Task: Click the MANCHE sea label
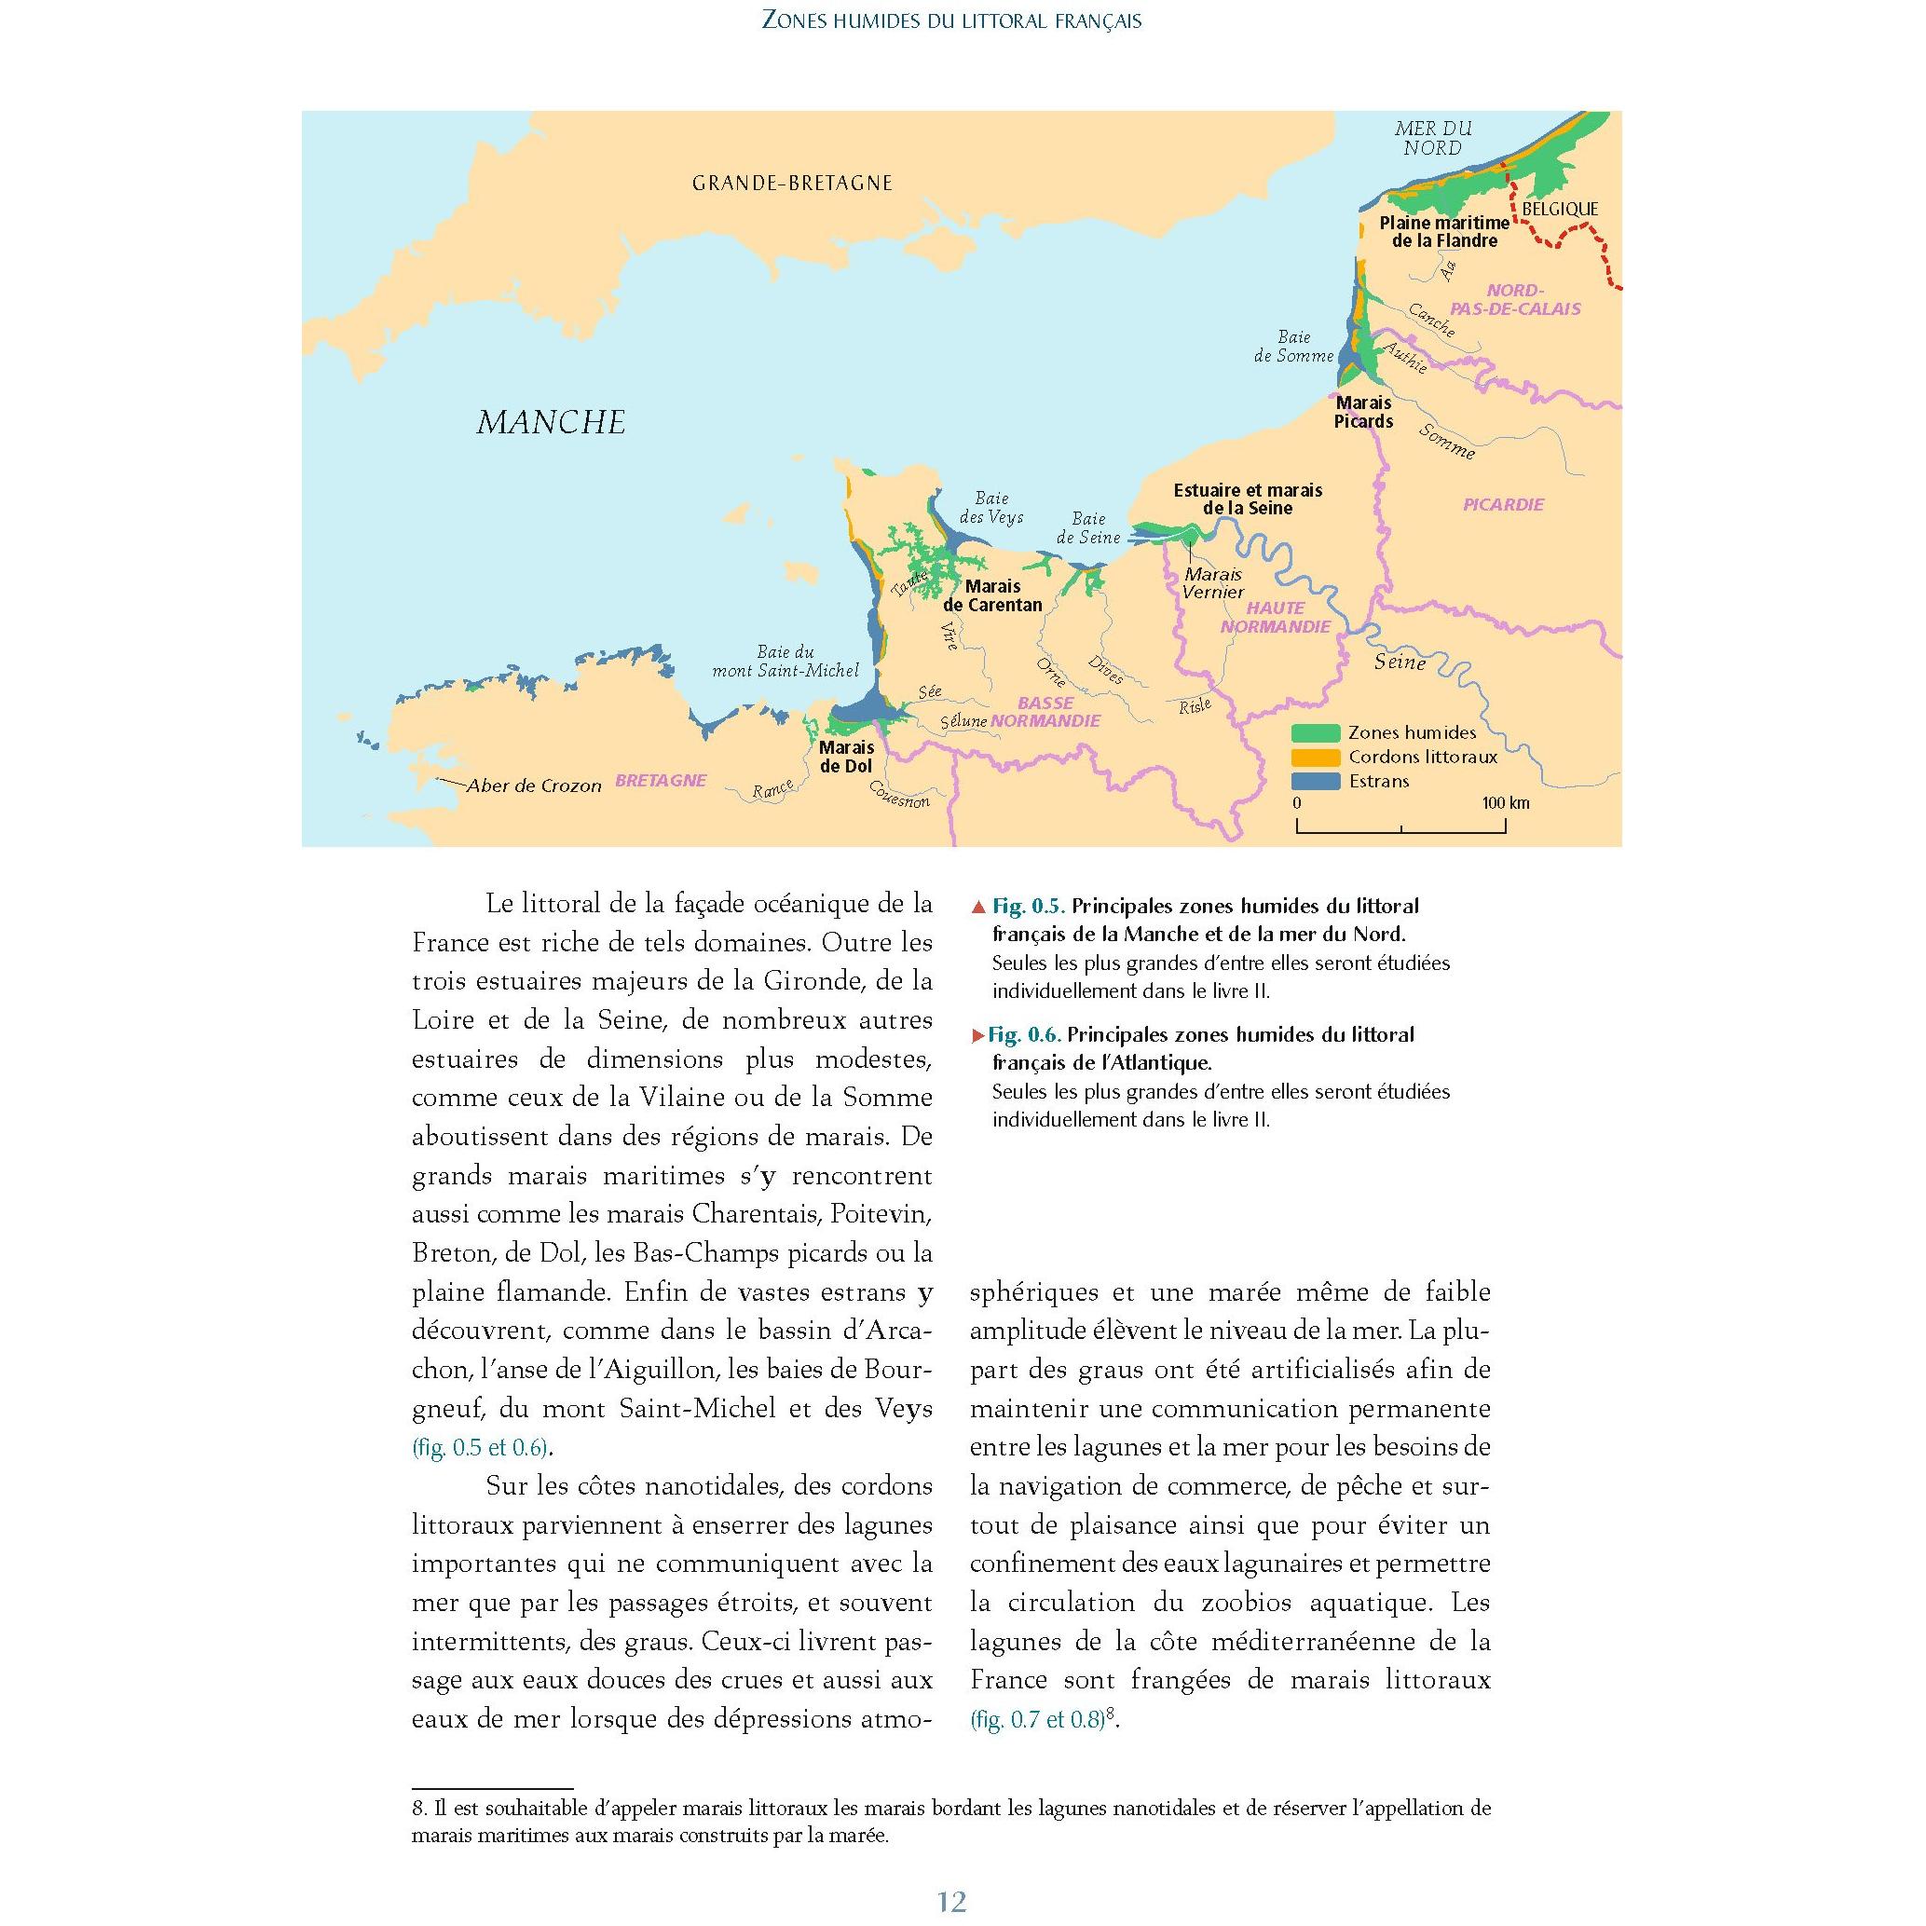552,423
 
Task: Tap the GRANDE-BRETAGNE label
793,184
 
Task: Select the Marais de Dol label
845,757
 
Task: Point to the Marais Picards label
1364,412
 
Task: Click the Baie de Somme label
1293,346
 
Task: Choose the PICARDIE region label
1503,504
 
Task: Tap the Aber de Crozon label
534,785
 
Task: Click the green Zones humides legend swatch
1315,732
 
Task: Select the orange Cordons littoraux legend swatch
1315,757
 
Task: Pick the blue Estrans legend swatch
1315,781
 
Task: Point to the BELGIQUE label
1559,210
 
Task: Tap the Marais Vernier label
1213,583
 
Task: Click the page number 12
952,1902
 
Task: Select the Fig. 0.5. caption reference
1028,907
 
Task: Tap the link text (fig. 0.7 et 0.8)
1037,1720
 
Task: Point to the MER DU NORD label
1432,139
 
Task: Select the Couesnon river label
899,795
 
